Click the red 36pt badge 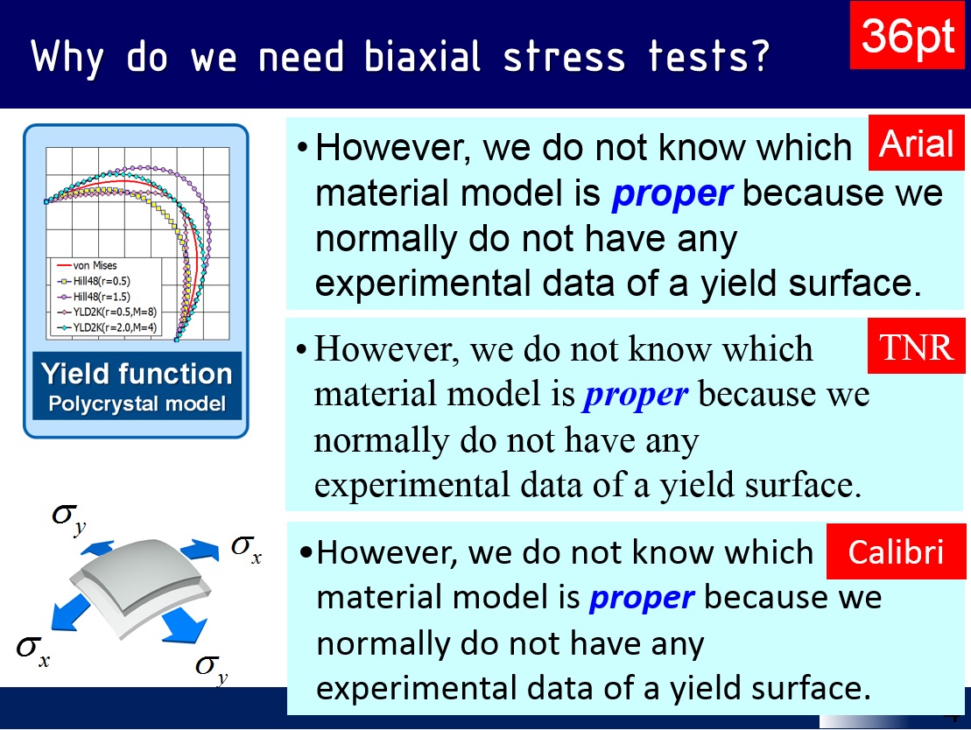906,35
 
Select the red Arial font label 916,143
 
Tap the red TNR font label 916,346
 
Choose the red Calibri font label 896,551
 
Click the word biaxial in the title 422,57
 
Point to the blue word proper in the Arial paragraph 672,194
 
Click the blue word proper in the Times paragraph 636,396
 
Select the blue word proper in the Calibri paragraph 642,598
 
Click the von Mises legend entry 87,265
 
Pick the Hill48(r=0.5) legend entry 94,281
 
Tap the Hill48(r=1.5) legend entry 94,297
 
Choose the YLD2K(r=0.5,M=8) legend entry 107,312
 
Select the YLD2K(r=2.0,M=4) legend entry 107,327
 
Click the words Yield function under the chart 137,374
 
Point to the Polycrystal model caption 137,404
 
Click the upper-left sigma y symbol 69,517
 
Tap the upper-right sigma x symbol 246,549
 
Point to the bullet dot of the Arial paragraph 302,148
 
